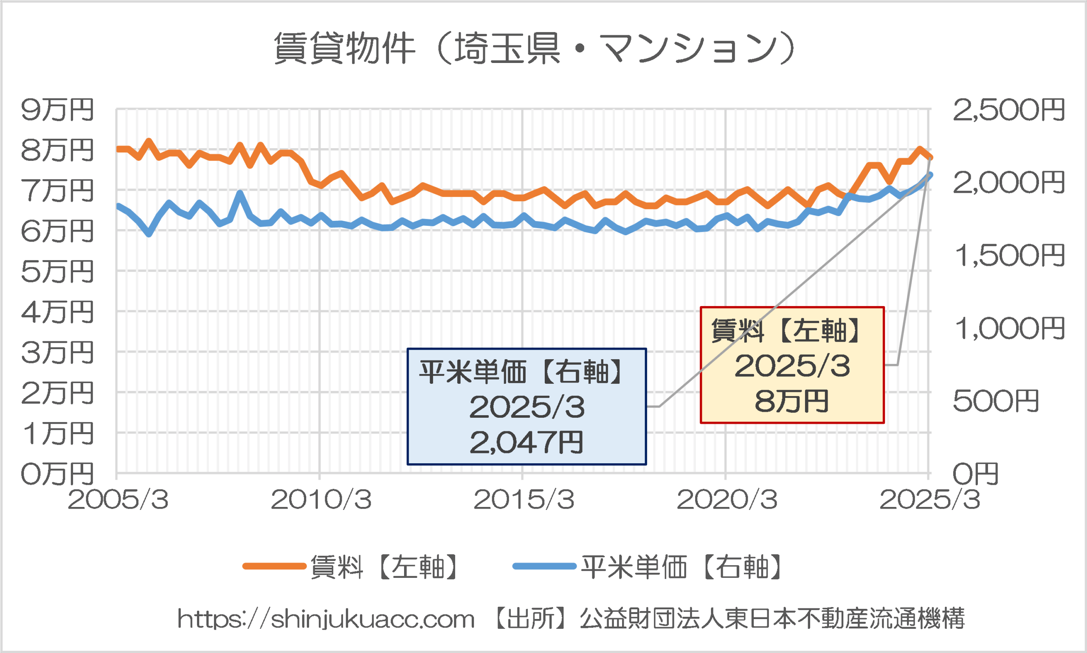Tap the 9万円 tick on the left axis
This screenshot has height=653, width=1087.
click(x=57, y=110)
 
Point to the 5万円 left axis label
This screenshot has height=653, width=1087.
click(x=57, y=271)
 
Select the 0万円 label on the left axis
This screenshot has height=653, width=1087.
click(x=57, y=474)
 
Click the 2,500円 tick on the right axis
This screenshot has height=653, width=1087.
click(x=1008, y=110)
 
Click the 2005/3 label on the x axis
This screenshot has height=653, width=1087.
click(x=118, y=500)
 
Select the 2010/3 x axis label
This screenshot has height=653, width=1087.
click(x=321, y=500)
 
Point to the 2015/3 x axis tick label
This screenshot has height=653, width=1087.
click(x=524, y=500)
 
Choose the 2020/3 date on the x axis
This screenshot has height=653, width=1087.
click(x=727, y=500)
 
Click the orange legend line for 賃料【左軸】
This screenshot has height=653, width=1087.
click(x=274, y=566)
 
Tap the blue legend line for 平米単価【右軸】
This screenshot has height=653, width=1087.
click(x=544, y=566)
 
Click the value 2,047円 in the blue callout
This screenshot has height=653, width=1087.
click(x=527, y=443)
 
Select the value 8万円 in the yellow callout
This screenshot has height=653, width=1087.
click(x=792, y=401)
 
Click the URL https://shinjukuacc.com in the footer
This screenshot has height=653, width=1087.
click(x=326, y=619)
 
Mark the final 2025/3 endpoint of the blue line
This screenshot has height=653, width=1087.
click(x=930, y=175)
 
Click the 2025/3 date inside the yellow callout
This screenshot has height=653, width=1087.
click(x=792, y=366)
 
